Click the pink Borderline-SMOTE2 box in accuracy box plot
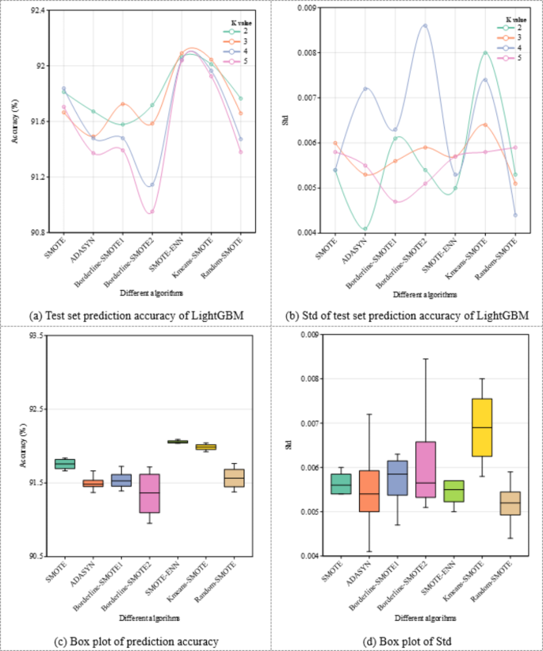click(149, 493)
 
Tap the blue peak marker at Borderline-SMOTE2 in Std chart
click(424, 25)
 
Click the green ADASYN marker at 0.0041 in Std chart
click(365, 228)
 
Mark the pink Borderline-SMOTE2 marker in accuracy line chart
click(151, 212)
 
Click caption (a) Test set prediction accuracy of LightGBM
click(136, 316)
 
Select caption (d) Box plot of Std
click(407, 640)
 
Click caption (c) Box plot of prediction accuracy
click(135, 640)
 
